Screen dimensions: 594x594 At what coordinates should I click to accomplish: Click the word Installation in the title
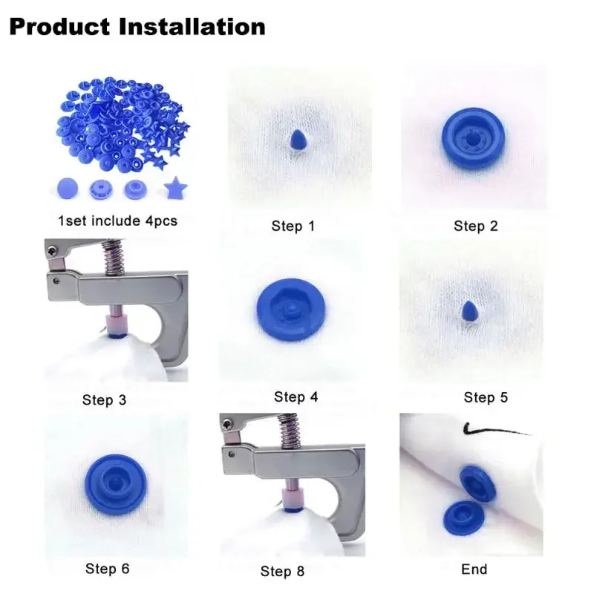[x=192, y=27]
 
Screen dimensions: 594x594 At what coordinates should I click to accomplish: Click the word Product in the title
[x=59, y=27]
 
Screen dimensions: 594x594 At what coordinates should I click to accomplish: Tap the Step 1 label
[x=293, y=226]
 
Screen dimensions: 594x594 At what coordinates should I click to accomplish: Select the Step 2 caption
[x=476, y=226]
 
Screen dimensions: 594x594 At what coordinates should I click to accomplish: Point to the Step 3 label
[x=104, y=400]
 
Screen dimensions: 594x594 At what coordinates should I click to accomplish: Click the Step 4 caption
[x=296, y=397]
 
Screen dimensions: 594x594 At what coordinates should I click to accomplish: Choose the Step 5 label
[x=486, y=397]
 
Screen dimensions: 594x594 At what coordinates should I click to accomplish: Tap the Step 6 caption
[x=107, y=569]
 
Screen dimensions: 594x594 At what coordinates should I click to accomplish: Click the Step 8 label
[x=282, y=571]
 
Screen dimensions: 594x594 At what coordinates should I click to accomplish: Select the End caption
[x=474, y=569]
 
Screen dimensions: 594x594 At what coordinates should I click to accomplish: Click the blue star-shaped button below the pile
[x=175, y=188]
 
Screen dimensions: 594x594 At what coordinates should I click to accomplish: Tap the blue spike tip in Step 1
[x=298, y=140]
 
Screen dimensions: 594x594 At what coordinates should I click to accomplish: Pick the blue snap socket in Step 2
[x=473, y=138]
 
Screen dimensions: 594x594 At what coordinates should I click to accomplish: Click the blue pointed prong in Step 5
[x=470, y=310]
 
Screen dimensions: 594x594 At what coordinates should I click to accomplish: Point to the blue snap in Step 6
[x=116, y=485]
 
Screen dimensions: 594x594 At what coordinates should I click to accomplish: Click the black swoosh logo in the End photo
[x=492, y=429]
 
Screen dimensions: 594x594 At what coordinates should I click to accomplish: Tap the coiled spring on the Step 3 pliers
[x=114, y=256]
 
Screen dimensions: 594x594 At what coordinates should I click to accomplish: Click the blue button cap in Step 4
[x=290, y=310]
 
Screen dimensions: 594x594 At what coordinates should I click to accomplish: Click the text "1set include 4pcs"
[x=117, y=221]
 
